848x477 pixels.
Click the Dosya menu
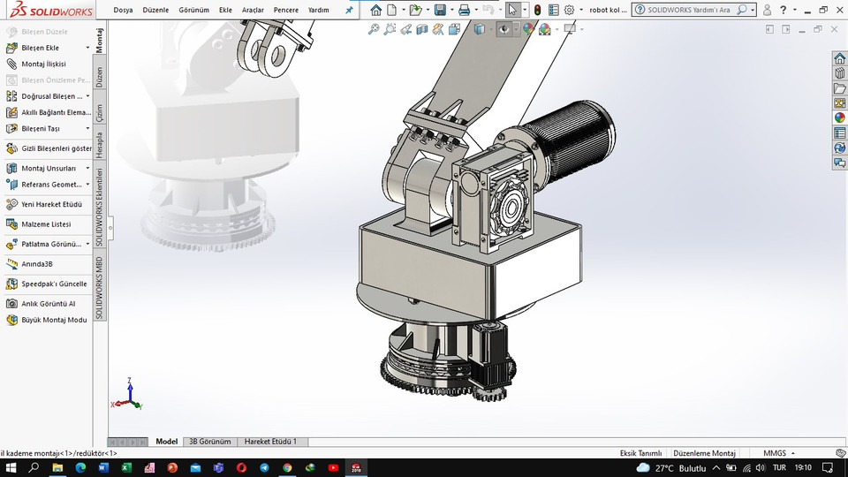[124, 10]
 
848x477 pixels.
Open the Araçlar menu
[253, 10]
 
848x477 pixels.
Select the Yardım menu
[318, 10]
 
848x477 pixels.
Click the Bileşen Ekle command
[40, 48]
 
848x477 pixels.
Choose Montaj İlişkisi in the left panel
[43, 64]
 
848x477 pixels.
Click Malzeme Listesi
[46, 224]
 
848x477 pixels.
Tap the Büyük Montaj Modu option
[54, 320]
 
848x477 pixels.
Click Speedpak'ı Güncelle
[54, 284]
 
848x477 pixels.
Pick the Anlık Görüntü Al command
[48, 303]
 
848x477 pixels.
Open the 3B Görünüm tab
[209, 442]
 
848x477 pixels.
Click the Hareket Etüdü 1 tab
[270, 442]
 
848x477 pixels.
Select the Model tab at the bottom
[166, 442]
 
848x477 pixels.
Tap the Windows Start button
[11, 467]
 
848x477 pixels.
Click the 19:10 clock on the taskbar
[803, 467]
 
